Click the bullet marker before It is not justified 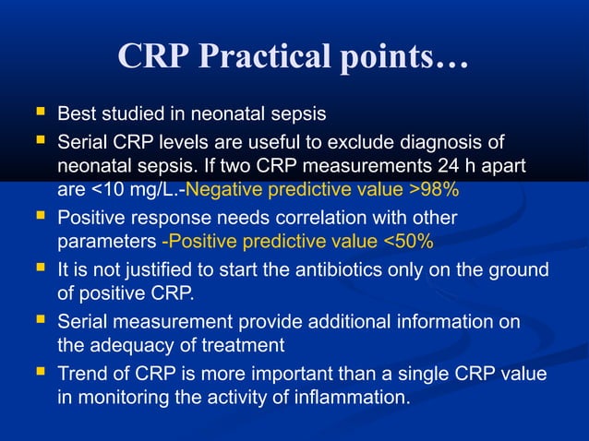point(39,270)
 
